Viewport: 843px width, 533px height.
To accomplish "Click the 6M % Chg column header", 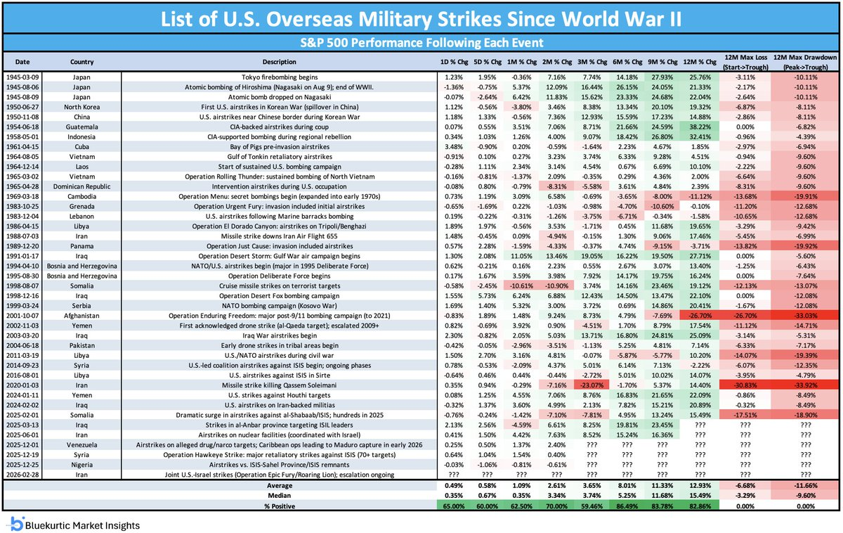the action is (x=627, y=62).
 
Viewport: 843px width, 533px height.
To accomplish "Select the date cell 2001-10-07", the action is (x=22, y=316).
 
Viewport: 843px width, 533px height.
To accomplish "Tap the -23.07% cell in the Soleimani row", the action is (x=592, y=385).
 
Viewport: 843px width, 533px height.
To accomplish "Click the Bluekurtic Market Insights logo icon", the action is (x=17, y=524).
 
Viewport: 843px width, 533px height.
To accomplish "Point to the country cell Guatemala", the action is (x=81, y=127).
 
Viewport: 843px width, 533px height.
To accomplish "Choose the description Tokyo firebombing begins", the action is (x=280, y=77).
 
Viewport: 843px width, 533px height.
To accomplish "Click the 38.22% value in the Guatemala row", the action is (x=700, y=127).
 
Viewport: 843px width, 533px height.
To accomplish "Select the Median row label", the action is (x=280, y=495).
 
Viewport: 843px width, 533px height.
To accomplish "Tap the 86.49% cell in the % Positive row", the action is (x=627, y=506).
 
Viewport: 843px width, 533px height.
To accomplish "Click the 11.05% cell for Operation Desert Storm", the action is (x=521, y=256).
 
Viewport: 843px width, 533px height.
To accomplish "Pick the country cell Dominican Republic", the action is (x=81, y=186).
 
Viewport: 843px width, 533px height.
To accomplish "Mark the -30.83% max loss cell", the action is (x=745, y=385).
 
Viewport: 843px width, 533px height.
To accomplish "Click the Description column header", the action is (x=280, y=62).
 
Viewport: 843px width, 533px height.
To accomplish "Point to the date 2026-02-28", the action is (x=22, y=475).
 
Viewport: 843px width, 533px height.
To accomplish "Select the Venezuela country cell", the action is (x=81, y=445).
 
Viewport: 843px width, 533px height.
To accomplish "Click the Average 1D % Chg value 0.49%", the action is (x=454, y=486).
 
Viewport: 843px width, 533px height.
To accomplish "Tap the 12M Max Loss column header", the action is (x=745, y=62).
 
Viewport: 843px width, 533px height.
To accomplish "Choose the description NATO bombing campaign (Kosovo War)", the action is (x=280, y=306).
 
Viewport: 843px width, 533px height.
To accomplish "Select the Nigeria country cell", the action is (x=81, y=465).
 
